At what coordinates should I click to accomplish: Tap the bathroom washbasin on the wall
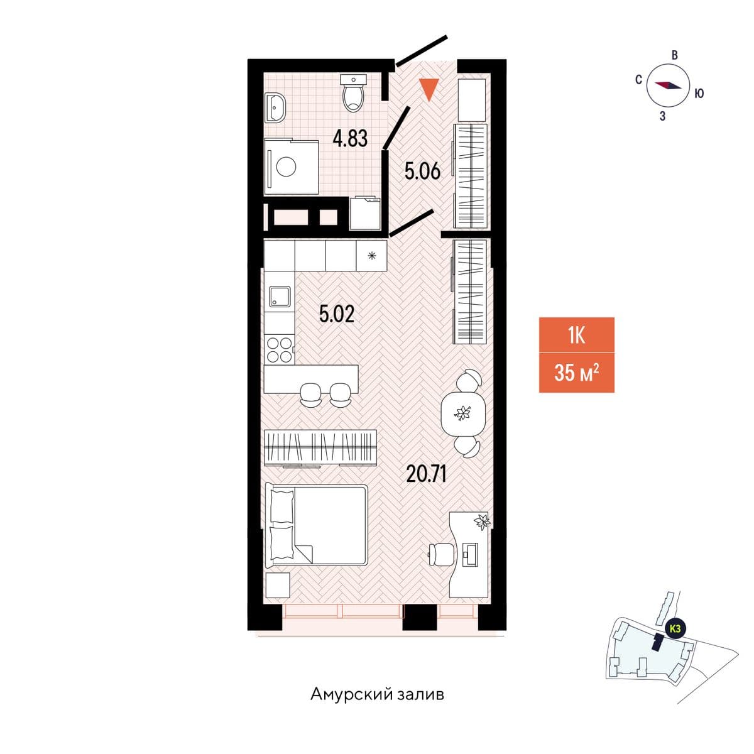coord(275,107)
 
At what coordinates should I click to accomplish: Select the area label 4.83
coord(350,138)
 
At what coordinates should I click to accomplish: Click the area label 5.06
coord(423,172)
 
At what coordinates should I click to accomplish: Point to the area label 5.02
coord(337,314)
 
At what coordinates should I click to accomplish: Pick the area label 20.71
coord(426,474)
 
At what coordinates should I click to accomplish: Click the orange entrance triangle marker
coord(429,90)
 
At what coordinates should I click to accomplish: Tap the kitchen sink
coord(280,296)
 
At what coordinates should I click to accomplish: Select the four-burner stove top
coord(280,350)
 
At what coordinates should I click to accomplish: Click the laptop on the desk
coord(470,554)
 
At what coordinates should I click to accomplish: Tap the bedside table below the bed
coord(278,585)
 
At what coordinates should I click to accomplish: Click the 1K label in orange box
coord(576,336)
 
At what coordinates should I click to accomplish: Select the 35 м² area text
coord(576,372)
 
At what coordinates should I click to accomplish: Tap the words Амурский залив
coord(377,694)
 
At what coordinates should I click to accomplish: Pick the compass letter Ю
coord(699,94)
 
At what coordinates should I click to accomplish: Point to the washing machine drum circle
coord(286,167)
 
